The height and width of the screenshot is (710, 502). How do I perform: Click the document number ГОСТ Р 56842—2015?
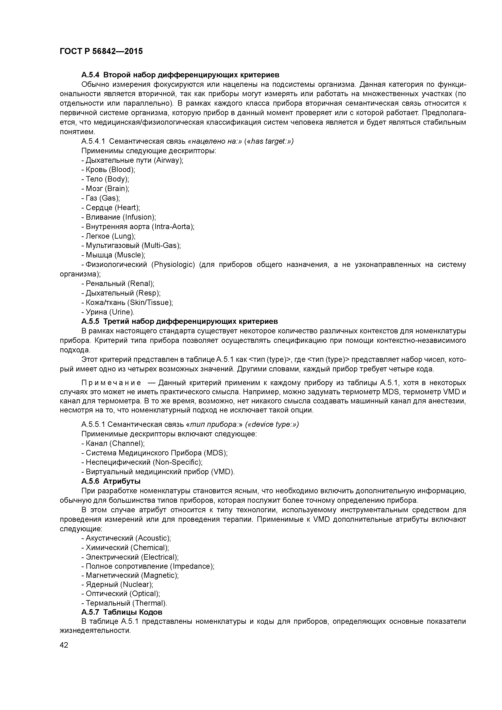point(101,51)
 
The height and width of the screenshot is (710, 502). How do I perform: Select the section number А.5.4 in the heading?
point(90,75)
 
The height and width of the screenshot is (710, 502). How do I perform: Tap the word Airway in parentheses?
point(169,160)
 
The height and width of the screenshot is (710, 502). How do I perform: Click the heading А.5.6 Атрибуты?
point(111,481)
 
